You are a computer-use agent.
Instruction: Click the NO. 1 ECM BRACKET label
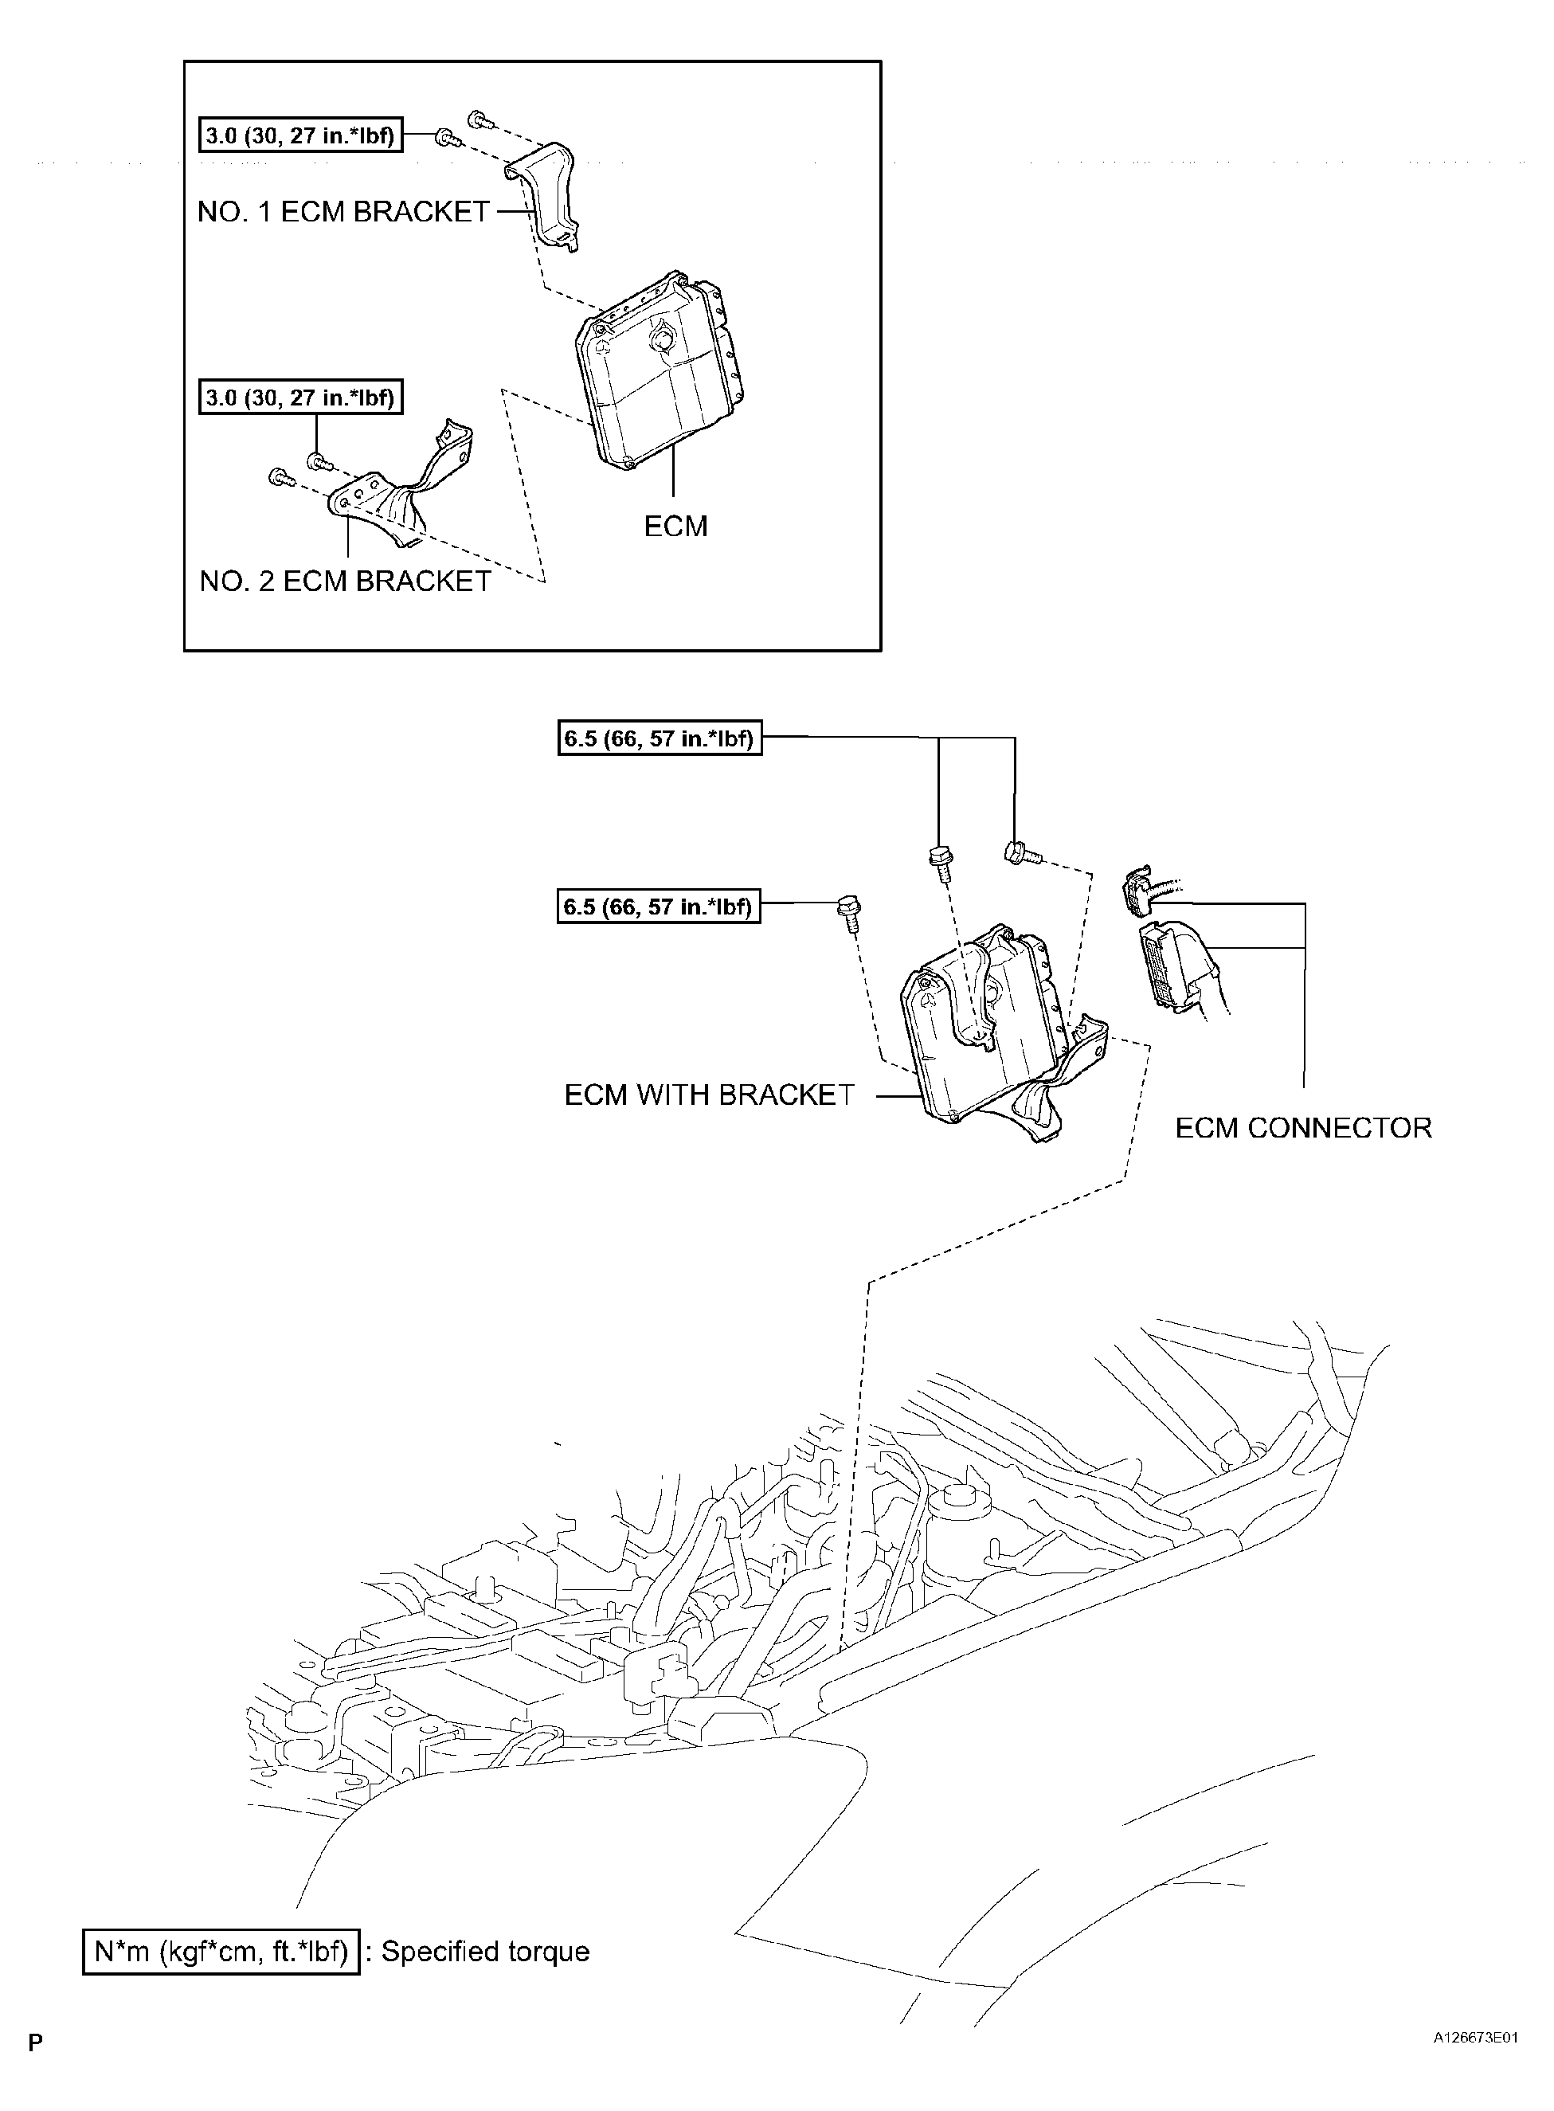tap(343, 213)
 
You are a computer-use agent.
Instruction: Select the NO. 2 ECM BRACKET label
tap(345, 582)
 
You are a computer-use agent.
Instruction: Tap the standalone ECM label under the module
tap(675, 527)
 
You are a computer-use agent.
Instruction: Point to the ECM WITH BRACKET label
tap(709, 1095)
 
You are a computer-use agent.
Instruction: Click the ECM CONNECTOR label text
tap(1303, 1128)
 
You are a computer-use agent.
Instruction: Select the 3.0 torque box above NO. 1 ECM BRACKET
tap(300, 136)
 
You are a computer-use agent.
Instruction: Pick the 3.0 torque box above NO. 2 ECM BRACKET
tap(300, 398)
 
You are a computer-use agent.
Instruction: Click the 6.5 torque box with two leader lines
tap(660, 738)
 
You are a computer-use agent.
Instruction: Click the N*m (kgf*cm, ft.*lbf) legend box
tap(221, 1952)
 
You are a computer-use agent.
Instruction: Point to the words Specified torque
tap(485, 1952)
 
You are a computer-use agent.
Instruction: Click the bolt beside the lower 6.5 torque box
tap(848, 912)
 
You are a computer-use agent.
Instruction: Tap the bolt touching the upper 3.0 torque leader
tap(446, 139)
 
